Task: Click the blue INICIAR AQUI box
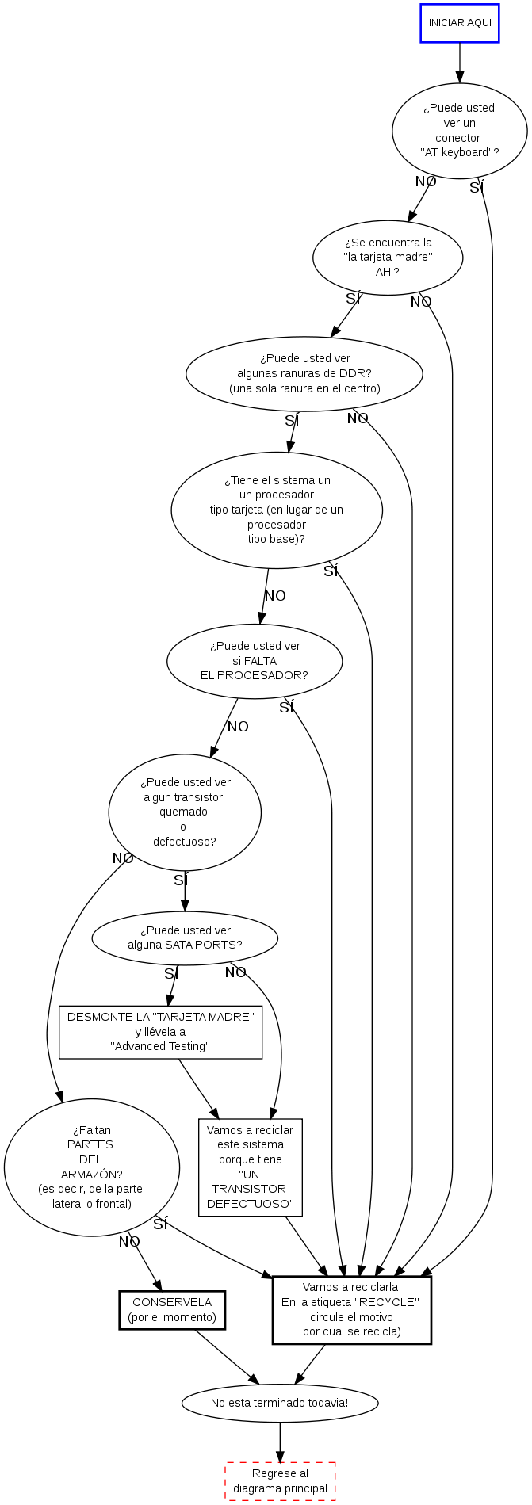459,23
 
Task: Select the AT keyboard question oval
459,130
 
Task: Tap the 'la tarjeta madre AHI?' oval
388,258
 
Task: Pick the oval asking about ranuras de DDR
304,373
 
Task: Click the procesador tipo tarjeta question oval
277,510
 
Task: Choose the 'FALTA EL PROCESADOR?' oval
255,661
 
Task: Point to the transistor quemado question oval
185,812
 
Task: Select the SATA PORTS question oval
185,938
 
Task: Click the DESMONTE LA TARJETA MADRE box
160,1032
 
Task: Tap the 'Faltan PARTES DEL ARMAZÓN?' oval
92,1167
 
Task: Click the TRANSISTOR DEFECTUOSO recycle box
251,1167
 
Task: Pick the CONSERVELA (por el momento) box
172,1310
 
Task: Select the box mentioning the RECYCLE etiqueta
351,1310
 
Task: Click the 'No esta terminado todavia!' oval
280,1403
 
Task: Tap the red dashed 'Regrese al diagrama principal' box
280,1481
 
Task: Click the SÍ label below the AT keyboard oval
476,188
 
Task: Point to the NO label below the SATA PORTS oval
235,972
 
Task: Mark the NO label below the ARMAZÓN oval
129,1242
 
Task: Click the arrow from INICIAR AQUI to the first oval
459,63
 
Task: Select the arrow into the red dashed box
280,1442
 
